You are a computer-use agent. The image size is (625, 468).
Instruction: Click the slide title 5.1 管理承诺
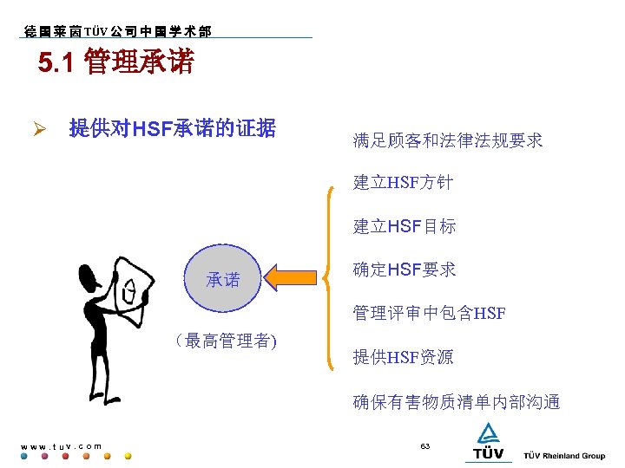tap(116, 63)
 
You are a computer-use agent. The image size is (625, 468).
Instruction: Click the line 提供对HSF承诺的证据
tap(172, 130)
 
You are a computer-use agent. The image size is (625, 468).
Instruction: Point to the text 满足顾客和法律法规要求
tap(448, 140)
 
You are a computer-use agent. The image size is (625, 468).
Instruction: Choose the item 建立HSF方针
tap(403, 183)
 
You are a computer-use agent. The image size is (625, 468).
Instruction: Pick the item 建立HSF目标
tap(405, 227)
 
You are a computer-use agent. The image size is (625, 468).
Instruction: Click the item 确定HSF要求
tap(405, 270)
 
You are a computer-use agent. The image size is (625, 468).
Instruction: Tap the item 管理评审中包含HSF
tap(429, 313)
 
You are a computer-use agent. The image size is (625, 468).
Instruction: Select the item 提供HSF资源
tap(403, 357)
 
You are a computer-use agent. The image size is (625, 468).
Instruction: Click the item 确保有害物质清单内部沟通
tap(457, 401)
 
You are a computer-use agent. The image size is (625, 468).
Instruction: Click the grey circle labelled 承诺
tap(223, 280)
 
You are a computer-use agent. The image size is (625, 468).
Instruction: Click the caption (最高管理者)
tap(225, 340)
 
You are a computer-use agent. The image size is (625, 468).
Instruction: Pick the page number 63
tap(425, 445)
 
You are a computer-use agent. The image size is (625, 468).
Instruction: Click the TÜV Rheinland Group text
tap(564, 456)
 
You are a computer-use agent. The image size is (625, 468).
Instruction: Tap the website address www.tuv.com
tap(61, 446)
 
